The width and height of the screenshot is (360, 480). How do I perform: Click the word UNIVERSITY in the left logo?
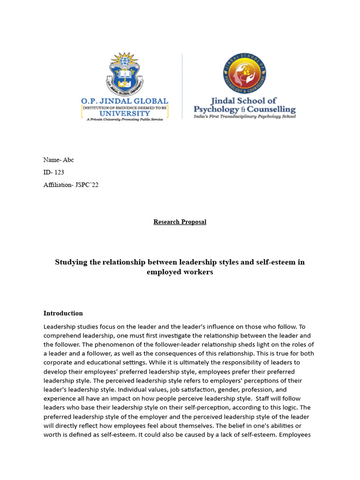tap(125, 113)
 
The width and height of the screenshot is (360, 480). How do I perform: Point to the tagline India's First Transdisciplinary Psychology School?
tap(245, 117)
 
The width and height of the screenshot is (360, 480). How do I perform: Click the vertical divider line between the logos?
tap(182, 86)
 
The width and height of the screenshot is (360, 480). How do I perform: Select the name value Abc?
tap(68, 160)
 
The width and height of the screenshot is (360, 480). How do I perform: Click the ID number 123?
tap(59, 172)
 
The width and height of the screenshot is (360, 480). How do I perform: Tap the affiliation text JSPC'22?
tap(87, 185)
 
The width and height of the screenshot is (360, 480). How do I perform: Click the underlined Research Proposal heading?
tap(180, 222)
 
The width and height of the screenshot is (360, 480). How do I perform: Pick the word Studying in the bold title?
tap(71, 262)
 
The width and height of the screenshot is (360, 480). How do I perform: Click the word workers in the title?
tap(200, 272)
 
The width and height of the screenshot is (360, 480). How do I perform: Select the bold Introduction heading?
tap(63, 313)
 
